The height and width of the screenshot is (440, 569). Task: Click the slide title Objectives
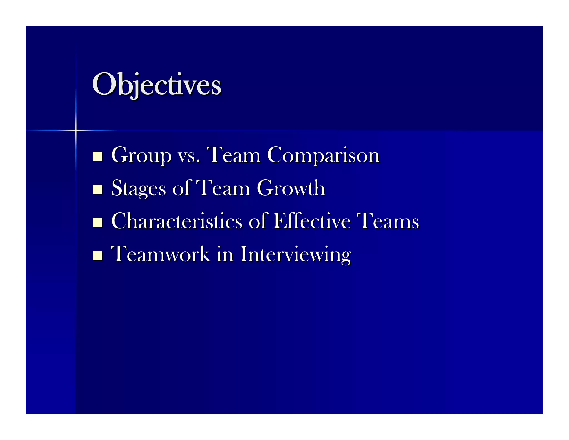(x=156, y=84)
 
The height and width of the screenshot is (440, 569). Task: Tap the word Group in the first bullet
(x=141, y=155)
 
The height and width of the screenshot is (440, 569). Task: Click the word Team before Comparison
(x=234, y=155)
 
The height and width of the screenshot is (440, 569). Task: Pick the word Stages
(x=138, y=188)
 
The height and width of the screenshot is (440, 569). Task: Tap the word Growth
(x=291, y=188)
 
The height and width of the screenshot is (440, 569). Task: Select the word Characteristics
(x=177, y=221)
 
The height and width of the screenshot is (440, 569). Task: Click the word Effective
(x=312, y=221)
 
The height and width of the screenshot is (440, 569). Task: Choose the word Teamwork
(x=160, y=254)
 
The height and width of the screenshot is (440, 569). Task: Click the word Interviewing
(x=295, y=254)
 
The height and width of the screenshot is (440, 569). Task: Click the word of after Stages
(x=181, y=188)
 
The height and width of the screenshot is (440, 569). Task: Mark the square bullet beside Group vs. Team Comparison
(x=97, y=156)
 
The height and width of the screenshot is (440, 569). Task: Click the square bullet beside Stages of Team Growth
(x=97, y=189)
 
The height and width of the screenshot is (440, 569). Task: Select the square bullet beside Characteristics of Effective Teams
(x=97, y=223)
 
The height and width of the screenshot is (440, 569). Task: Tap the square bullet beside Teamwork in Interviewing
(x=97, y=255)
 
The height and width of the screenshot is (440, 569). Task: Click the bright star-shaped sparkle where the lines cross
(x=76, y=130)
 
